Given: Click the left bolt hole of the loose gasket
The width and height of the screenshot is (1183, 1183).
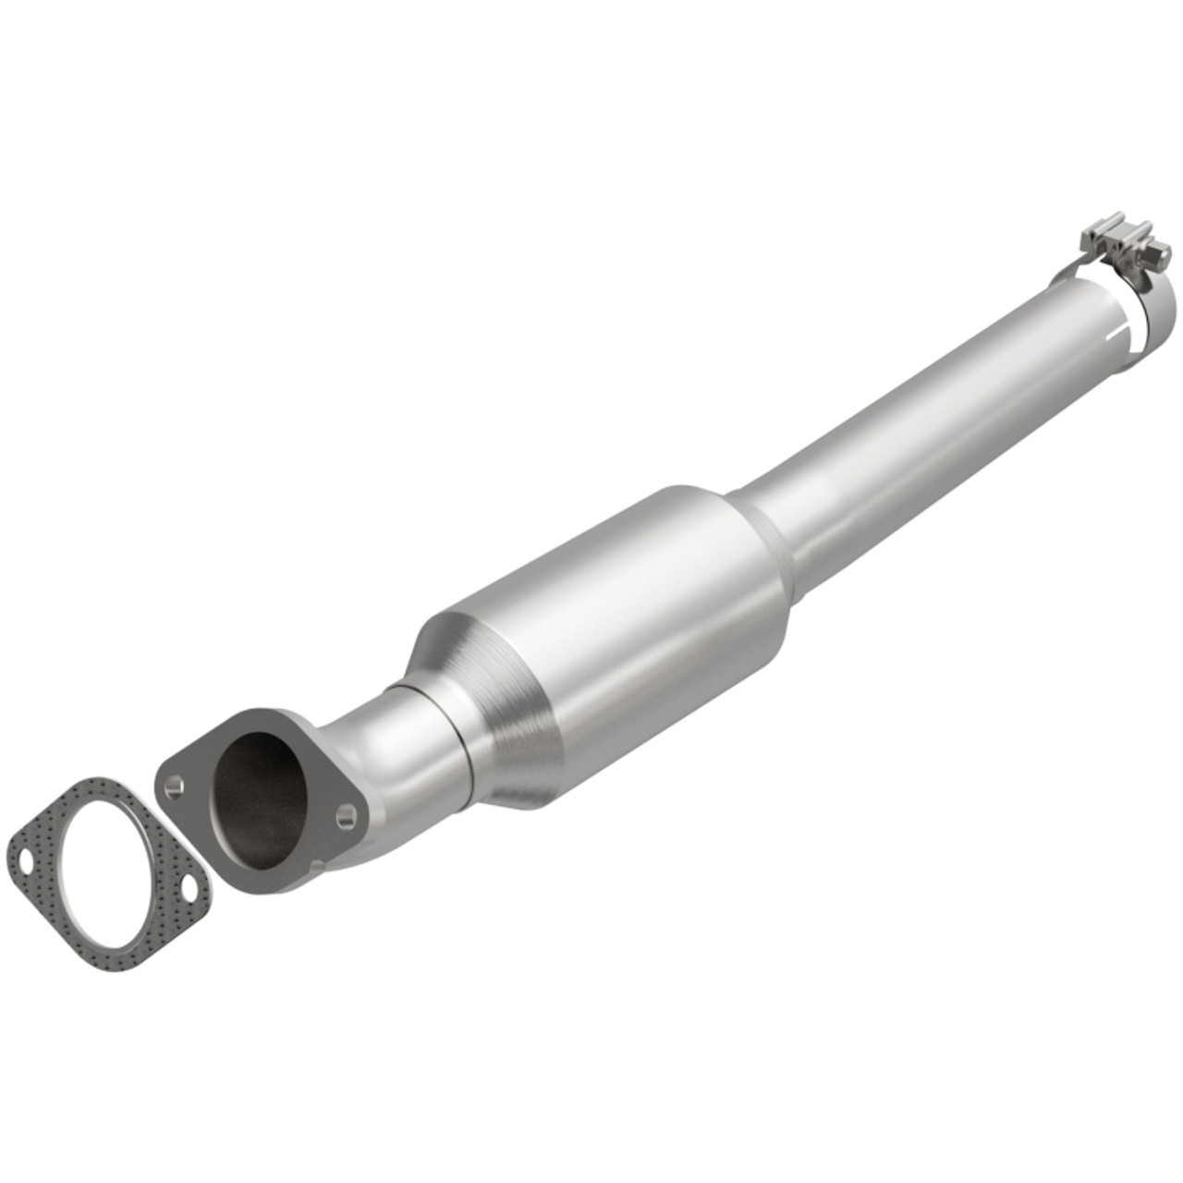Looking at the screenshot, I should click(27, 866).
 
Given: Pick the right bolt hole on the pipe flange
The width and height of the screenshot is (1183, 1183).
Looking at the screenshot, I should click(346, 814).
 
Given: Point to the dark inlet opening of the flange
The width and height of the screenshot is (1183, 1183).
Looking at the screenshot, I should click(261, 797).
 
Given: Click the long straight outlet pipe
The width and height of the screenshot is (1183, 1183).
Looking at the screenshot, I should click(924, 416).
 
